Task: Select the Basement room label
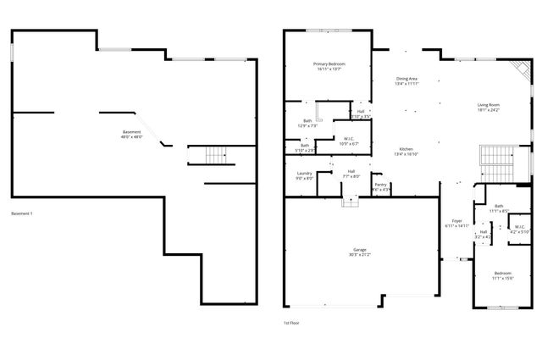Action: pos(132,134)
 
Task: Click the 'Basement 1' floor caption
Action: pos(22,213)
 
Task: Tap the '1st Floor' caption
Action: pos(291,322)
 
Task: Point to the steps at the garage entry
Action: pos(351,202)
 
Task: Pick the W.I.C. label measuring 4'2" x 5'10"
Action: pos(518,229)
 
